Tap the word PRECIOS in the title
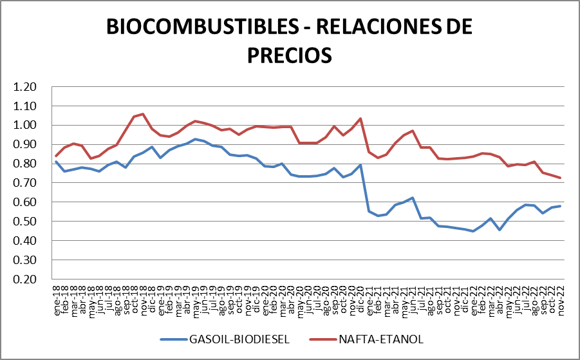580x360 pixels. pyautogui.click(x=290, y=54)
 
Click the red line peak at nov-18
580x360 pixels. pyautogui.click(x=142, y=114)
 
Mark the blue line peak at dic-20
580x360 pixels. pyautogui.click(x=360, y=165)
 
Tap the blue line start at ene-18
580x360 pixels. pyautogui.click(x=56, y=162)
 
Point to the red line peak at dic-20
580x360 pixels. pyautogui.click(x=360, y=118)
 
